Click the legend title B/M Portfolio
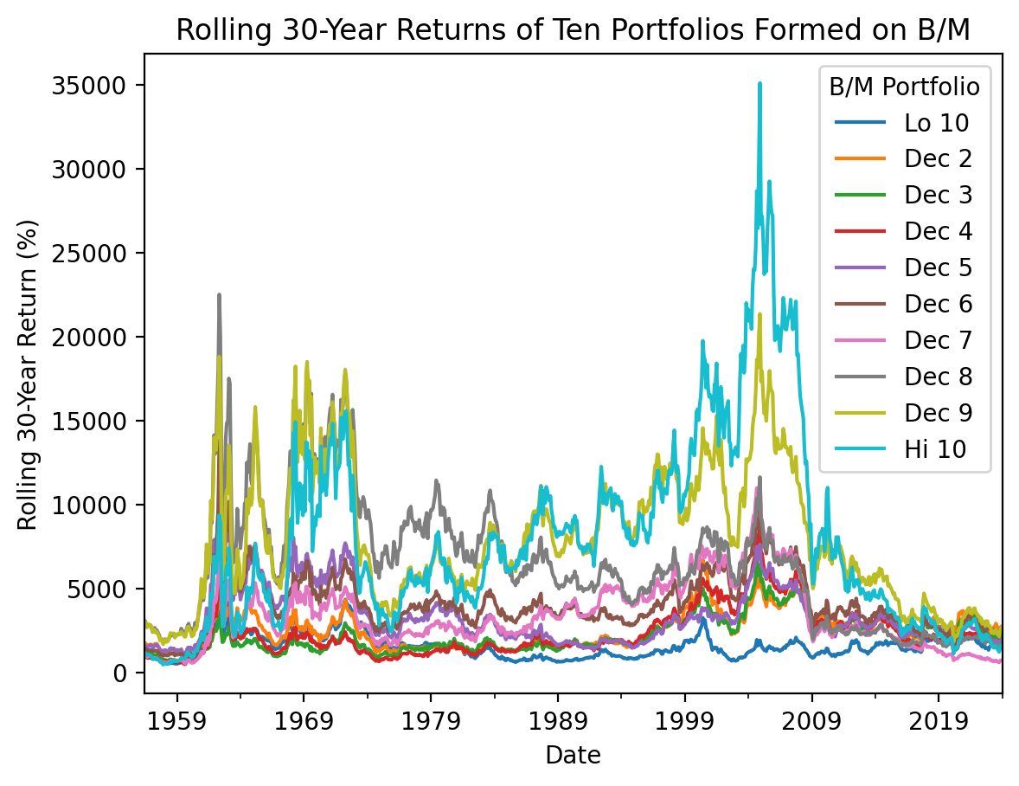point(904,87)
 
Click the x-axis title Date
point(573,756)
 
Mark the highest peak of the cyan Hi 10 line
point(759,84)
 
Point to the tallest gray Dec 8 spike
point(219,295)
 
